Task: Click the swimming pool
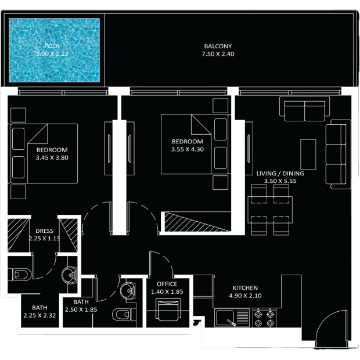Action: pyautogui.click(x=54, y=50)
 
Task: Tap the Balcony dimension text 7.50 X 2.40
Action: pyautogui.click(x=218, y=54)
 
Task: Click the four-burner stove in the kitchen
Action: pyautogui.click(x=264, y=318)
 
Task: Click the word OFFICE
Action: pyautogui.click(x=167, y=284)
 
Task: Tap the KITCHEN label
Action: pyautogui.click(x=245, y=288)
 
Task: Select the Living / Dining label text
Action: pyautogui.click(x=280, y=174)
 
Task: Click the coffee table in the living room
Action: pyautogui.click(x=308, y=154)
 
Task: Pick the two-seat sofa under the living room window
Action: pyautogui.click(x=304, y=109)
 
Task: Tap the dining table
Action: pyautogui.click(x=270, y=210)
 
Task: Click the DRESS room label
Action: pyautogui.click(x=44, y=231)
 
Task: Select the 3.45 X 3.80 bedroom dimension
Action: pyautogui.click(x=52, y=158)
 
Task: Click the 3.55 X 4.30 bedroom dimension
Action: pyautogui.click(x=188, y=149)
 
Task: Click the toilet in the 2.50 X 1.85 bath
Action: pyautogui.click(x=122, y=315)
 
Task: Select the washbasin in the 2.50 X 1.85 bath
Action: pyautogui.click(x=128, y=291)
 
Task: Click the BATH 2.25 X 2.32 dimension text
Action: pyautogui.click(x=39, y=316)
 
